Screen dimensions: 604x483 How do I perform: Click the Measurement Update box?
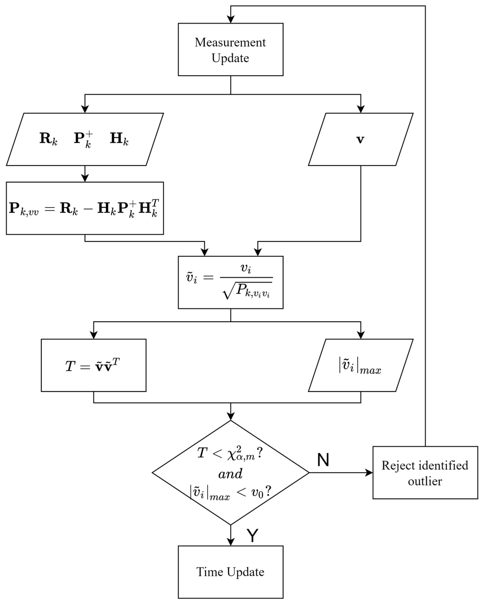pos(230,50)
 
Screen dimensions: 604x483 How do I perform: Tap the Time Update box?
pos(230,572)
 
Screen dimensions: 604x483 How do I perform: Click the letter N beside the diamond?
pos(323,460)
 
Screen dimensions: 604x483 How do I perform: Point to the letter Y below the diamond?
pos(252,536)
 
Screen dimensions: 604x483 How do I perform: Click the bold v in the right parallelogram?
pos(360,139)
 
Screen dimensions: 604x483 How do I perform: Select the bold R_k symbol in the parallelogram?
pos(48,139)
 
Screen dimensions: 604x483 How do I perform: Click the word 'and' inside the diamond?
pos(230,474)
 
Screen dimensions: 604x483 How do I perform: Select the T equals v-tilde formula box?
pos(93,365)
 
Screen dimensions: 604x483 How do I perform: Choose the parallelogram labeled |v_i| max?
pos(361,365)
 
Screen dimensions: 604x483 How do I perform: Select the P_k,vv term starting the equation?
pos(24,209)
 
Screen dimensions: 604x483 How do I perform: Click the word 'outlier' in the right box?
pos(425,481)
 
